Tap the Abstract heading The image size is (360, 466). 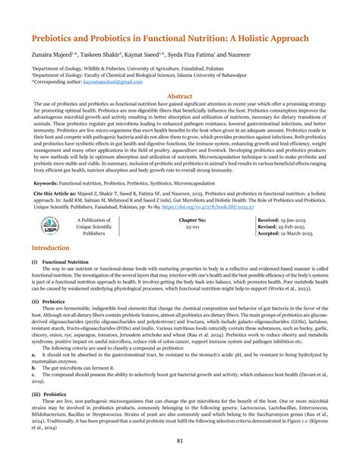[x=179, y=97]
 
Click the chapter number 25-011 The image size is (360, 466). [x=179, y=227]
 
